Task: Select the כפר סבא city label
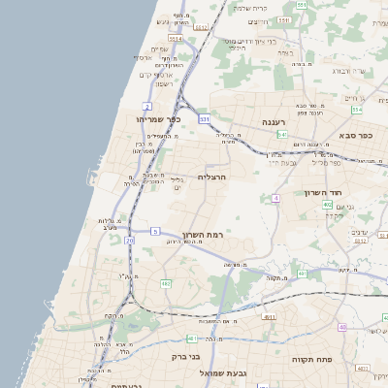357,136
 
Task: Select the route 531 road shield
205,118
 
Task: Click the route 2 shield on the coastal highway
146,105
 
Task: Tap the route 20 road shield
129,240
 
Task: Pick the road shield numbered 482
166,283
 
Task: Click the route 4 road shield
276,198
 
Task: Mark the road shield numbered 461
302,274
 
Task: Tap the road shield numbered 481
192,339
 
